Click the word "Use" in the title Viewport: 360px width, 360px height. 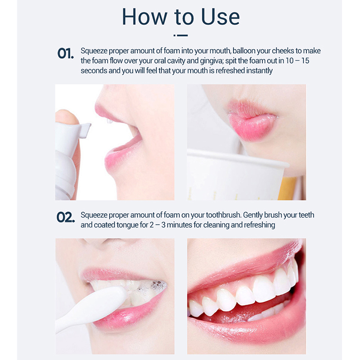[220, 17]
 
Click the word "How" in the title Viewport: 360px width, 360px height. [144, 17]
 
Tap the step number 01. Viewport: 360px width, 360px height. [65, 54]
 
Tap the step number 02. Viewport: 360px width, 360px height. [66, 217]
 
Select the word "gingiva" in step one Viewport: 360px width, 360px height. [211, 61]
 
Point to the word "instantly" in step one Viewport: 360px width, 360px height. [260, 71]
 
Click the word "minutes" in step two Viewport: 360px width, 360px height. [180, 225]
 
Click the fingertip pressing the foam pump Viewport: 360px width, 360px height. [67, 117]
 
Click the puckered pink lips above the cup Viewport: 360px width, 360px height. [252, 121]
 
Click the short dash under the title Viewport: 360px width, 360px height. [181, 36]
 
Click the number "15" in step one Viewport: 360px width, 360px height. [305, 61]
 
